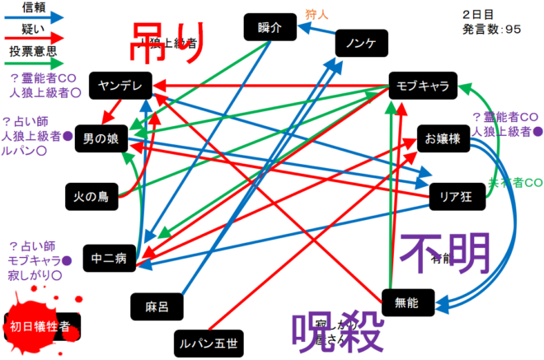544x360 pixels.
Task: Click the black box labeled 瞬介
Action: pyautogui.click(x=269, y=27)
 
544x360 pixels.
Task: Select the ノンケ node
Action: pyautogui.click(x=360, y=44)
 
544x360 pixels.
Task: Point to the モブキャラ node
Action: pyautogui.click(x=421, y=86)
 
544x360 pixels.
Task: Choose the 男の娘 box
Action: pyautogui.click(x=100, y=139)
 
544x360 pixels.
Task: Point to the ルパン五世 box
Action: pyautogui.click(x=206, y=341)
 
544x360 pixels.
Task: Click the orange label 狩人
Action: pyautogui.click(x=317, y=13)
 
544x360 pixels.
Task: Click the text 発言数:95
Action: pyautogui.click(x=493, y=30)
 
